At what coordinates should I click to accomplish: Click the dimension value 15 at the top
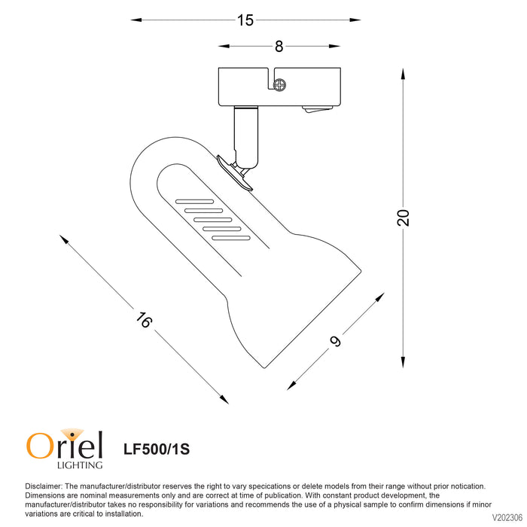[245, 20]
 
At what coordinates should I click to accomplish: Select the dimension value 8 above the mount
[279, 47]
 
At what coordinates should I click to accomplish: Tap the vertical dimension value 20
[404, 218]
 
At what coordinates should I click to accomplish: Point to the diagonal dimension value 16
[144, 320]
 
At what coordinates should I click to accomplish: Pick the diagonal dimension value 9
[335, 341]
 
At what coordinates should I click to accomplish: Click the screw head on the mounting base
[279, 84]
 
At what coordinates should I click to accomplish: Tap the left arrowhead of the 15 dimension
[136, 20]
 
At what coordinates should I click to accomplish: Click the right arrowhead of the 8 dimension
[334, 46]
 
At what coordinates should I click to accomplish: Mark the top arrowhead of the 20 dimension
[403, 74]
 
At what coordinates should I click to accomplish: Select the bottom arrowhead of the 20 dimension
[403, 362]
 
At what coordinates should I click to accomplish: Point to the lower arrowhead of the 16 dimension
[224, 399]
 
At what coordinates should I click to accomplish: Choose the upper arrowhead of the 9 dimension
[379, 297]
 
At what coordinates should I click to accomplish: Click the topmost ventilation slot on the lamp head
[194, 202]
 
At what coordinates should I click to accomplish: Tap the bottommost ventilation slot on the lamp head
[231, 239]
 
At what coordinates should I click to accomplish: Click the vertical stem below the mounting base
[246, 137]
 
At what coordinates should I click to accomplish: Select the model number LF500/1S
[157, 449]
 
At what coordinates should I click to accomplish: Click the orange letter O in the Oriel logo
[41, 446]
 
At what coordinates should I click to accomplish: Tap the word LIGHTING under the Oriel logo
[80, 465]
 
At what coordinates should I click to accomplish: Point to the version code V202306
[507, 517]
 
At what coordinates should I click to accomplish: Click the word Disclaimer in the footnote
[44, 486]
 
